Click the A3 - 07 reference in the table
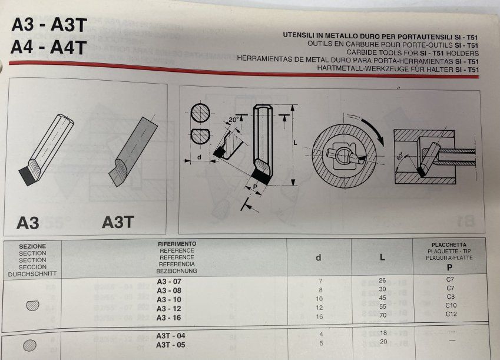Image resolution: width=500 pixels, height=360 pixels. tap(169, 282)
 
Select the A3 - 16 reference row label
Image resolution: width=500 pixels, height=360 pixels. tap(169, 317)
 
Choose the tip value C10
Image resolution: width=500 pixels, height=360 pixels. tap(451, 305)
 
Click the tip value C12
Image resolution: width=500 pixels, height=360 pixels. tap(451, 314)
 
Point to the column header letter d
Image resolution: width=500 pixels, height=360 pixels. tap(319, 257)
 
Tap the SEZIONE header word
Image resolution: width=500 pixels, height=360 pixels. tap(32, 246)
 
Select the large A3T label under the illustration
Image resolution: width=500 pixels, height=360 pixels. tap(118, 222)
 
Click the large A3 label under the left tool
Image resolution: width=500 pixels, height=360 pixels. tap(28, 223)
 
